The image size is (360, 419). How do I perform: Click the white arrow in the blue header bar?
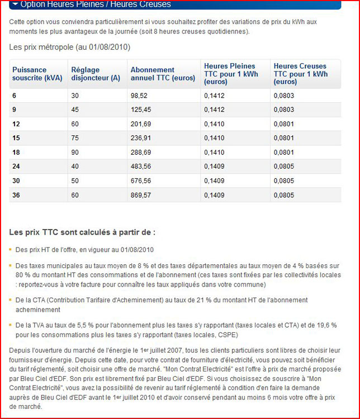coord(15,4)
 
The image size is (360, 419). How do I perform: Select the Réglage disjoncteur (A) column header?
coord(96,74)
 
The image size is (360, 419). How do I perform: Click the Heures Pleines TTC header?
coord(231,74)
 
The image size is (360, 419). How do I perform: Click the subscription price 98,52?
coord(139,96)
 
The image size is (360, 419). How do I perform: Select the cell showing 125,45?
coord(141,109)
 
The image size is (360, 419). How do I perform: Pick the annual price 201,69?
coord(141,123)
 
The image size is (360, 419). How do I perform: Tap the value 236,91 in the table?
coord(141,137)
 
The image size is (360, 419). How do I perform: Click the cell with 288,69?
coord(141,152)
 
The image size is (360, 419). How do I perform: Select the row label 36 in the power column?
coord(16,194)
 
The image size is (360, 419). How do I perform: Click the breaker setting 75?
coord(75,137)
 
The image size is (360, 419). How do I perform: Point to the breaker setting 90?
coord(75,152)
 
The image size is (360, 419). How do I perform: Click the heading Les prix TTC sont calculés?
coord(82,232)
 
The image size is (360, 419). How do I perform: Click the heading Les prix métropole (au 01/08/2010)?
coord(69,47)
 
